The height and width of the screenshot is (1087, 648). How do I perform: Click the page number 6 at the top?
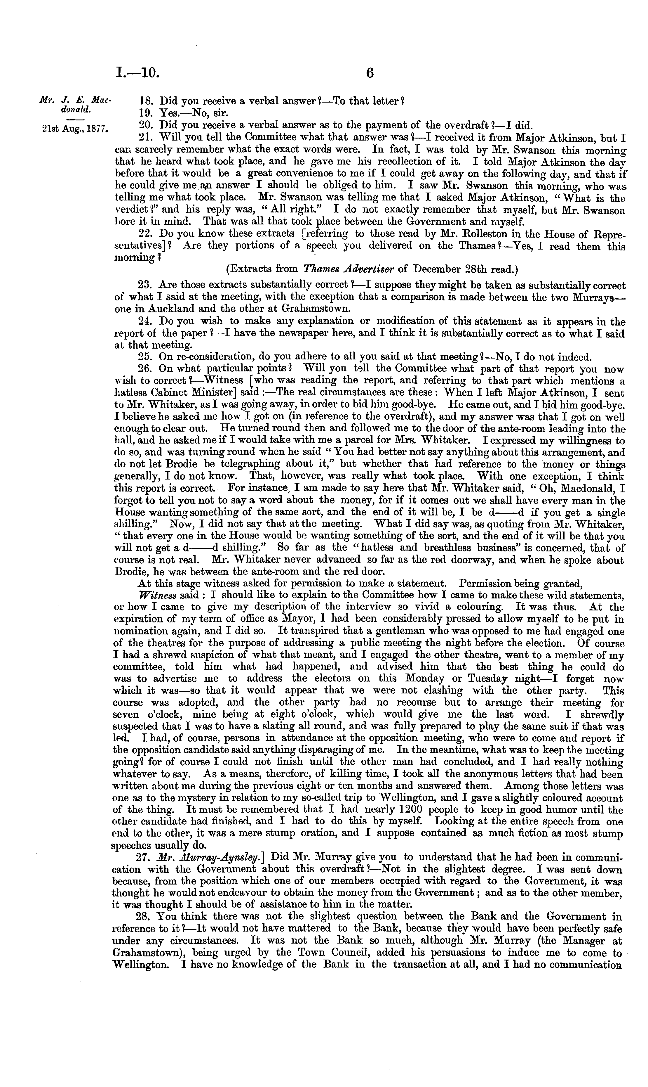(370, 72)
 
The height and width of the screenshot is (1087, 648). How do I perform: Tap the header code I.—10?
(138, 72)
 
